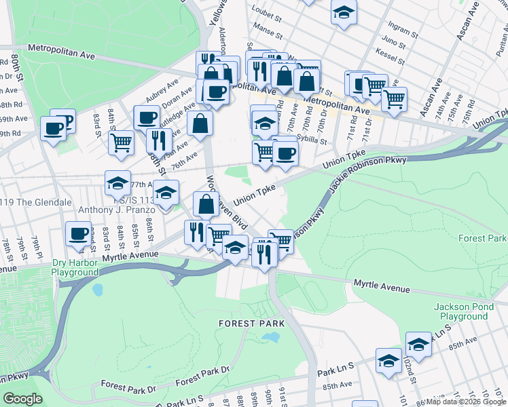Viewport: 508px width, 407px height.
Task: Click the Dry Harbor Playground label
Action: pyautogui.click(x=75, y=267)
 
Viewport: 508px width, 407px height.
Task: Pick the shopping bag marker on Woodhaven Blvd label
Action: pyautogui.click(x=206, y=203)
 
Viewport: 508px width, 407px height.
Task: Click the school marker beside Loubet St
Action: pyautogui.click(x=344, y=13)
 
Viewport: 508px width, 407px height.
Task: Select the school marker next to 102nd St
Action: pyautogui.click(x=419, y=345)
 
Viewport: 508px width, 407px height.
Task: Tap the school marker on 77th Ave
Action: pyautogui.click(x=117, y=184)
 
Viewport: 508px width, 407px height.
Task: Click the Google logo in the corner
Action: pyautogui.click(x=23, y=399)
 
